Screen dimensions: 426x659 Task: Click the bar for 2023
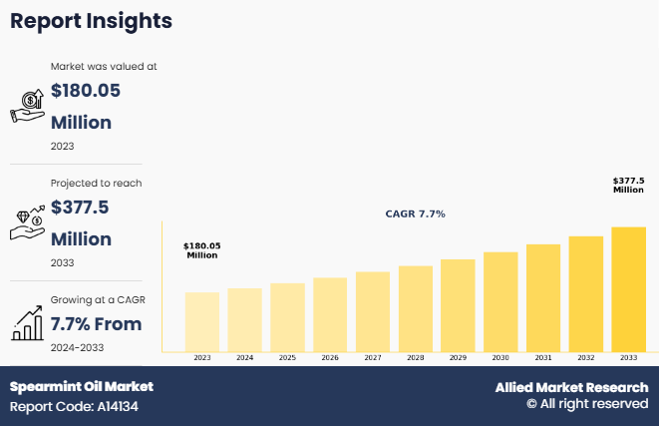tap(202, 321)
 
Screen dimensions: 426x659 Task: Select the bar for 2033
tap(628, 289)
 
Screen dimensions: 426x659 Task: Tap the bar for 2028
tap(415, 308)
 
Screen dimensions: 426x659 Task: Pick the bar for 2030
tap(500, 301)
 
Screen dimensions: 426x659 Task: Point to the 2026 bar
tap(330, 314)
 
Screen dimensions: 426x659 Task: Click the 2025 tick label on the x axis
tap(287, 357)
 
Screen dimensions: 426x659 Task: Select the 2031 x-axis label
tap(543, 357)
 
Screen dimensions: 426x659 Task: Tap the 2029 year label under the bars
tap(458, 357)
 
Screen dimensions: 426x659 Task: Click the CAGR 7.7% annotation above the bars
tap(416, 214)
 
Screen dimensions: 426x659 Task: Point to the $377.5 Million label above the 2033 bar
tap(628, 186)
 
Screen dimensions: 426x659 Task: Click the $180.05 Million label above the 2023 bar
tap(202, 250)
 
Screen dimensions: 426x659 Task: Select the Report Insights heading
tap(91, 21)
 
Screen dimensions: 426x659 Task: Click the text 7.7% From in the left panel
tap(96, 323)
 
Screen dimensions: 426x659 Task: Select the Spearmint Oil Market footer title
tap(82, 386)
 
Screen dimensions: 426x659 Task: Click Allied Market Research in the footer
tap(571, 387)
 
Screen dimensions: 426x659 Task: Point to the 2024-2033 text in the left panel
tap(77, 347)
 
